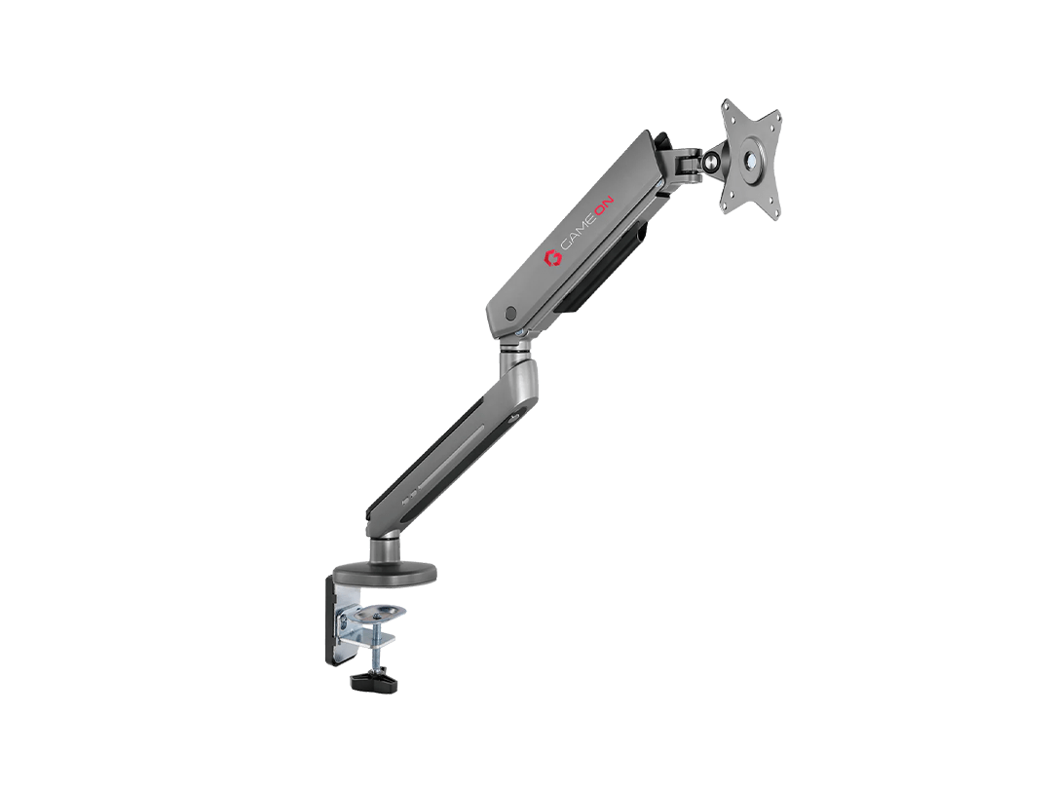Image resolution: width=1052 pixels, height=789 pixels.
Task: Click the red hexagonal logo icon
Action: tap(552, 258)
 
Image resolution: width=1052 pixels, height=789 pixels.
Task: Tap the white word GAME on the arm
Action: tap(579, 232)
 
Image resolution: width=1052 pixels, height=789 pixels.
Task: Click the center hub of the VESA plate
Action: tap(751, 160)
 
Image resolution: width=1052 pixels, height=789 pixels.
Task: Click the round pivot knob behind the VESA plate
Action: tap(710, 161)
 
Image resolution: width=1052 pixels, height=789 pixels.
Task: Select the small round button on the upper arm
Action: tap(511, 313)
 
